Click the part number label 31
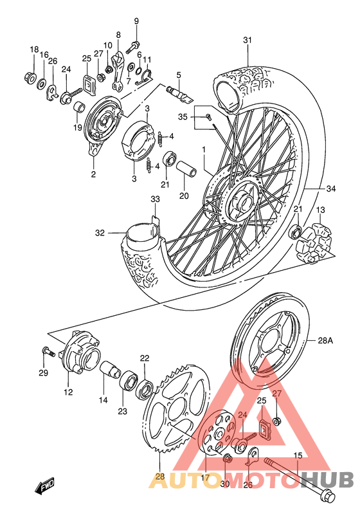[247, 41]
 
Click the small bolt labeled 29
[47, 351]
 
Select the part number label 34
[331, 188]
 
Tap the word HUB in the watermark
[327, 480]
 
